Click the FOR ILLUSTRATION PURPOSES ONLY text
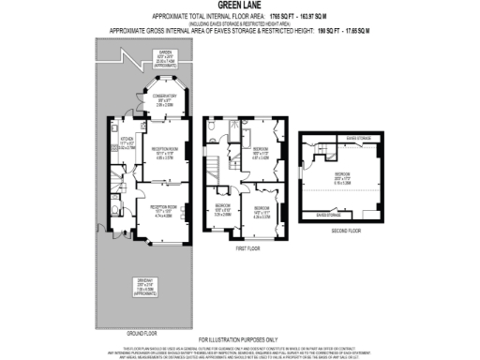click(x=238, y=338)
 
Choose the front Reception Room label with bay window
click(x=159, y=212)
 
